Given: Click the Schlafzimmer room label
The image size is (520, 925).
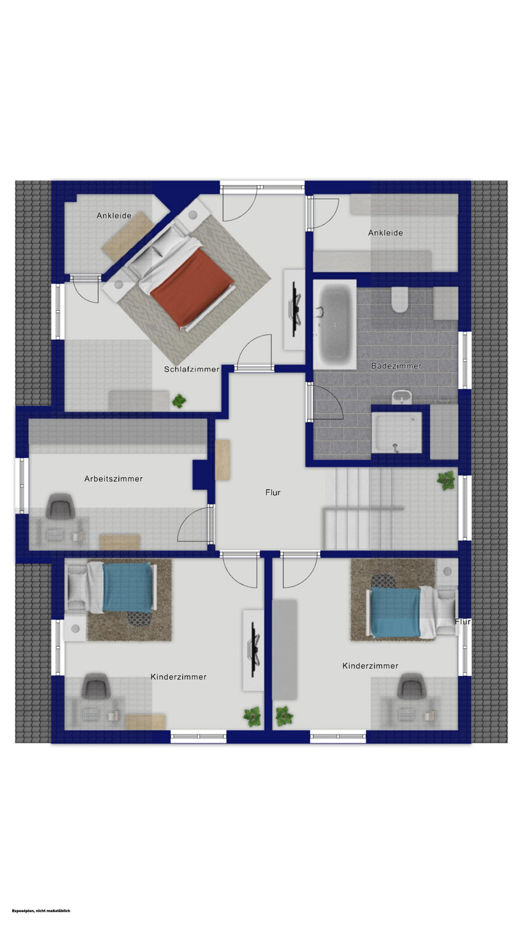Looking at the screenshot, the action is point(192,369).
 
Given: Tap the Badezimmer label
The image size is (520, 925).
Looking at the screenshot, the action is point(396,366).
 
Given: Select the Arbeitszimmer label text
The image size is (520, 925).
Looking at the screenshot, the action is point(113,479).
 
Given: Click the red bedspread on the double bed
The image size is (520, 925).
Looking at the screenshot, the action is point(192,287).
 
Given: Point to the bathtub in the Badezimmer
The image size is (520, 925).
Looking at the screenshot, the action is point(335,324).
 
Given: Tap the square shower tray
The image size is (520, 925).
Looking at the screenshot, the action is point(397,432).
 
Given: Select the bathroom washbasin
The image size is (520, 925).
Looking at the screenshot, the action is point(402,398).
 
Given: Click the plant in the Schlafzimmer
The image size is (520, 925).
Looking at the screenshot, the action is point(179,401).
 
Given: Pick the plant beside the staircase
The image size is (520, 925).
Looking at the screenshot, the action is point(446,480).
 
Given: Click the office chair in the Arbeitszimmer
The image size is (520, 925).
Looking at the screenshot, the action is point(60,506).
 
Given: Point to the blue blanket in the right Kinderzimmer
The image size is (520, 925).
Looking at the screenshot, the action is point(395,613).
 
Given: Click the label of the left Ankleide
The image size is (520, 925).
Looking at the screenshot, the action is point(114,216).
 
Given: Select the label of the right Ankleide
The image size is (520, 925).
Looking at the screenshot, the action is point(386,233).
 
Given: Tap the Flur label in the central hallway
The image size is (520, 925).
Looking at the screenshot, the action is point(273,492).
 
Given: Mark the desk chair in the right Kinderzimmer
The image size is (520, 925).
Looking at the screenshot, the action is point(411,686).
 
